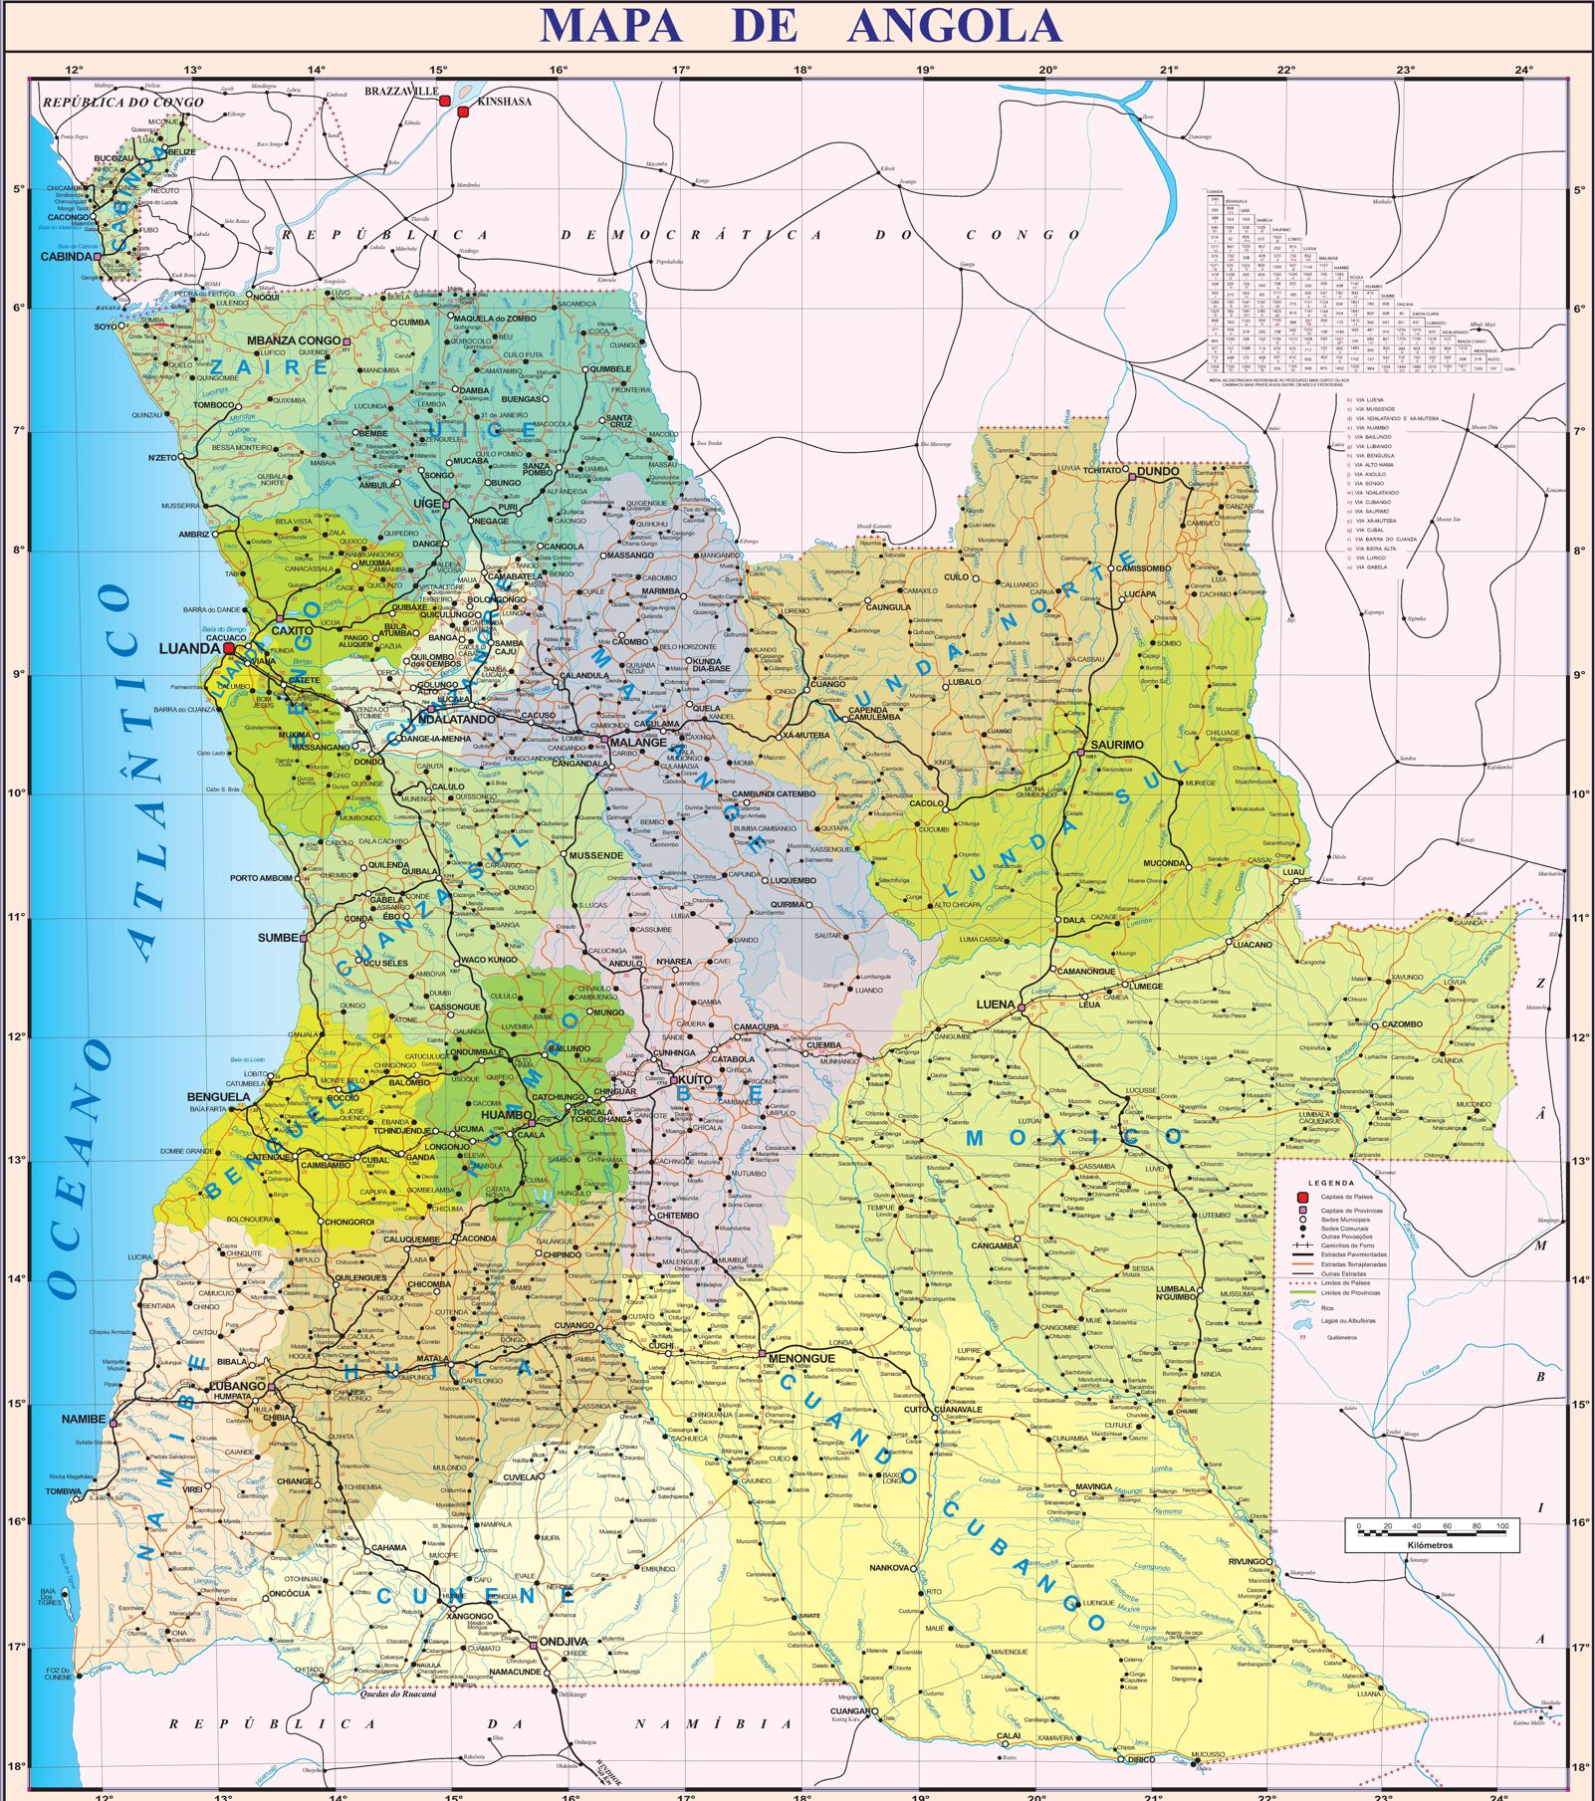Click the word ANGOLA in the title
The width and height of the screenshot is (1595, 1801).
pos(954,25)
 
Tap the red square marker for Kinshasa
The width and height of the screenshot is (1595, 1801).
pos(462,113)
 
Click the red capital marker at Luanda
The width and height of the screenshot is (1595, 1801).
pos(229,647)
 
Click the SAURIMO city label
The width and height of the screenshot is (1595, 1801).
pos(1116,745)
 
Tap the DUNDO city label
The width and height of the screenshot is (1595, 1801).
pos(1158,472)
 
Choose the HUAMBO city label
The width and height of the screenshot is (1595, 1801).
pos(506,1115)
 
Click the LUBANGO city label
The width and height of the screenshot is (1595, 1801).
pos(237,1386)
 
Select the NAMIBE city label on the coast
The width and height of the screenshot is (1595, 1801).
pos(83,1419)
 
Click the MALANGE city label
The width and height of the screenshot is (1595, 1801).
pos(638,742)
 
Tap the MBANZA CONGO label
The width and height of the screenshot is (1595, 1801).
pos(293,340)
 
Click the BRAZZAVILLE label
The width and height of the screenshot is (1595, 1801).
pos(400,92)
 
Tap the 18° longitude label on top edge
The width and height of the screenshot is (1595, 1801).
pos(802,70)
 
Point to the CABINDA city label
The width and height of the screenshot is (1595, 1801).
pos(66,257)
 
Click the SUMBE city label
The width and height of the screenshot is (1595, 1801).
pos(277,938)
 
